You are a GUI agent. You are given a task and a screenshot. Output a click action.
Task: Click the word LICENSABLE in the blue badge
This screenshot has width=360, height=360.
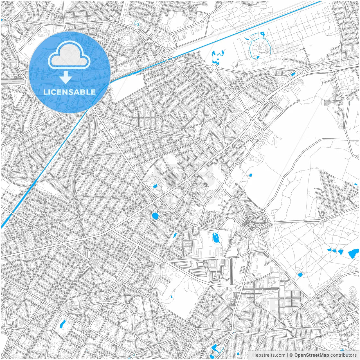pos(69,92)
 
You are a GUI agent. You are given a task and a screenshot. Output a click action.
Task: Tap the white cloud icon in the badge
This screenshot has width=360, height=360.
pos(69,55)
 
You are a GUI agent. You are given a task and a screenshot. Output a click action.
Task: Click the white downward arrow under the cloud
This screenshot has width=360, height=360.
pos(66,77)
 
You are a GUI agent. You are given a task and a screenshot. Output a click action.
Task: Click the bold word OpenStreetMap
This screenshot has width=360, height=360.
pos(312,355)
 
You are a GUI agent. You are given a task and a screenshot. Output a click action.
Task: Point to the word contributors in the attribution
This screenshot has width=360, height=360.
pos(343,355)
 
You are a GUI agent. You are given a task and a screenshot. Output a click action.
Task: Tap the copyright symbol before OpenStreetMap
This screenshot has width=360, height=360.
pos(291,355)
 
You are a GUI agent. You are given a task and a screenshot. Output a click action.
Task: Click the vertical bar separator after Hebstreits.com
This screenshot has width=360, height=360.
pos(287,355)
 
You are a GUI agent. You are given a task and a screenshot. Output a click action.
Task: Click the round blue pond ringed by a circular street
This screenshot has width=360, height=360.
pos(155,216)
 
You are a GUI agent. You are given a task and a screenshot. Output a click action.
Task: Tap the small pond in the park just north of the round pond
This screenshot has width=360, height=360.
pos(154,185)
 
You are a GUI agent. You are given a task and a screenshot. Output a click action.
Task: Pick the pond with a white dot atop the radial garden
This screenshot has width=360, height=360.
pos(262,34)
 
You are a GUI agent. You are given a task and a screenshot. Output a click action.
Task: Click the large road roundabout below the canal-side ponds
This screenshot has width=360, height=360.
pos(214,67)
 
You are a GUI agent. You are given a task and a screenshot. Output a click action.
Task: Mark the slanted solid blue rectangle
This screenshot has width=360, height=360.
pos(293,74)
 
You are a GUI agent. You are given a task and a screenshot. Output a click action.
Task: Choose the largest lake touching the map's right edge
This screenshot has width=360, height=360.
pos(353,254)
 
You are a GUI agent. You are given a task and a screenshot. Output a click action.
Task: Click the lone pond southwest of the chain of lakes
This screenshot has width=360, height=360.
pos(300,274)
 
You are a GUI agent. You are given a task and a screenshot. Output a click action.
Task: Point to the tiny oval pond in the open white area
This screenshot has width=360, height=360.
pos(250,175)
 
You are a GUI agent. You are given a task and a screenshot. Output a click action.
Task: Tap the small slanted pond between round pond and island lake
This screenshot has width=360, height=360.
pos(174,235)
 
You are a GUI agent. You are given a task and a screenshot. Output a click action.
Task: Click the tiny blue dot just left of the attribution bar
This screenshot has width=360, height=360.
pos(238,354)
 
